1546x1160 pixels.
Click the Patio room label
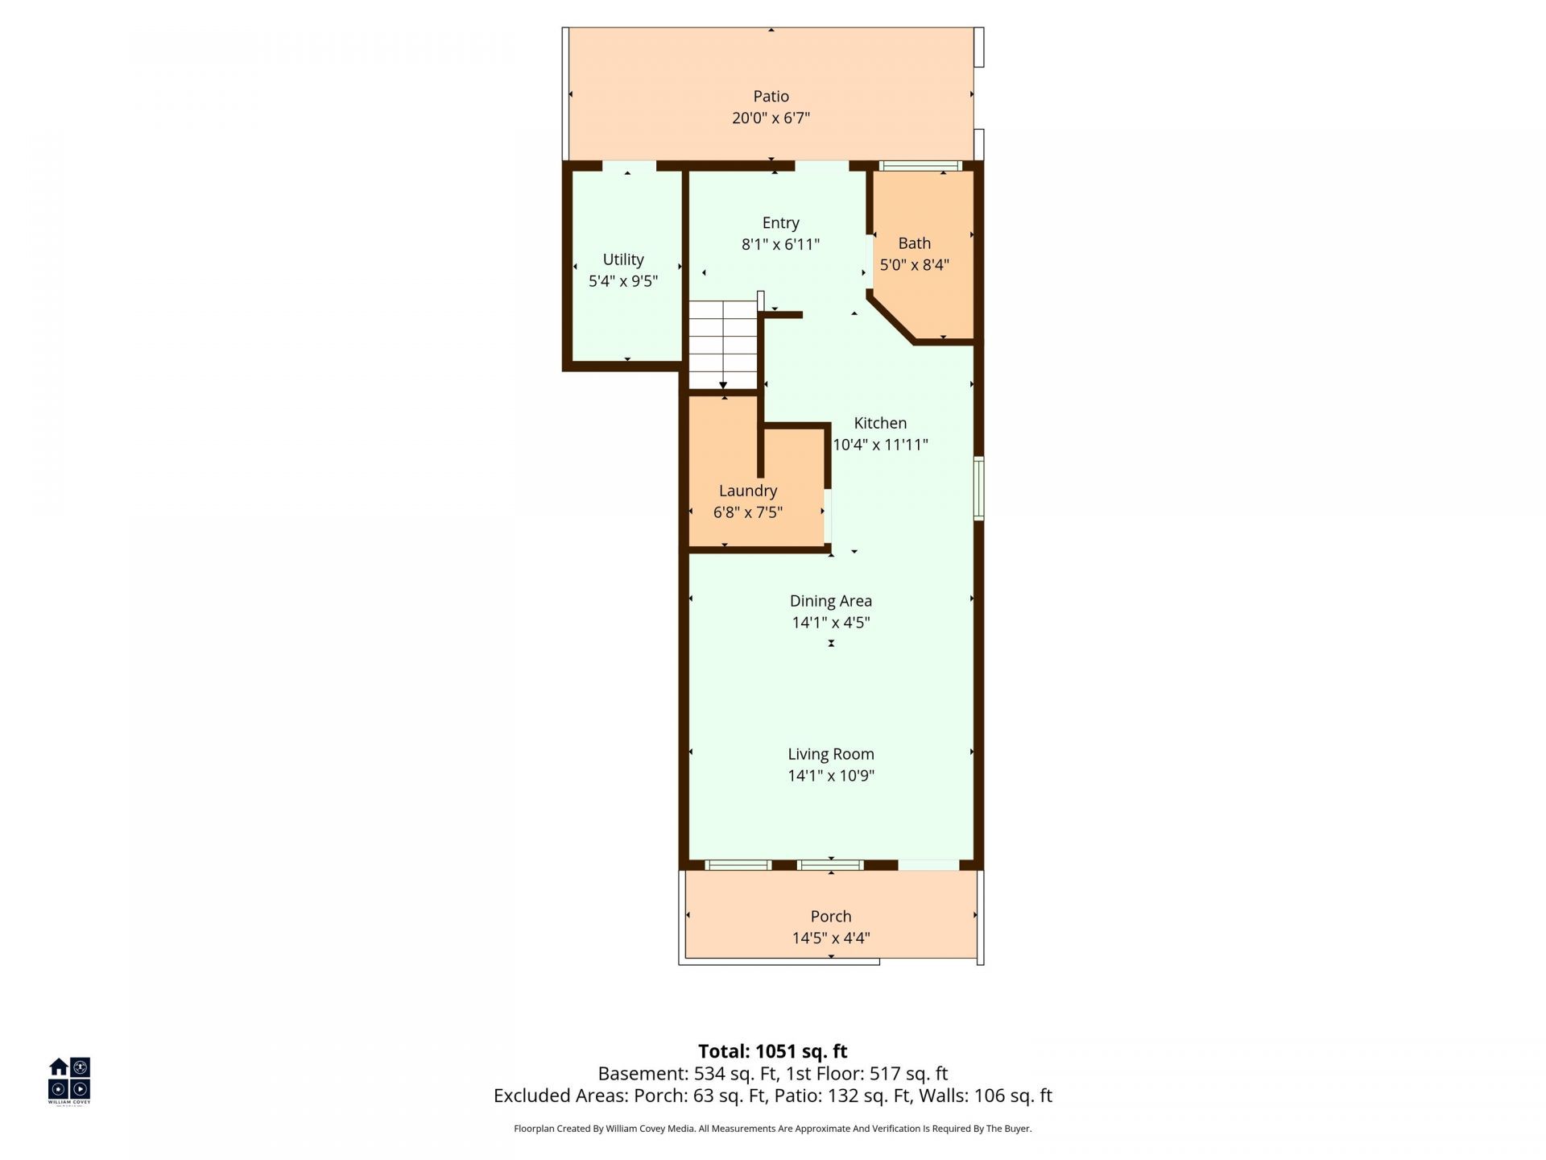(x=771, y=97)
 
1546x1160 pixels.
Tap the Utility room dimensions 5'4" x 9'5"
(x=623, y=281)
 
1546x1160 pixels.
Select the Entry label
(x=780, y=223)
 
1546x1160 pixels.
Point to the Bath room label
(x=914, y=243)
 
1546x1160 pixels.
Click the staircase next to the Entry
(x=723, y=345)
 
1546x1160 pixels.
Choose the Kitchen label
(x=880, y=423)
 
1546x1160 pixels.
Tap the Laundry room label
(x=748, y=491)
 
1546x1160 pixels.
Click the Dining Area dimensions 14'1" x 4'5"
(x=831, y=622)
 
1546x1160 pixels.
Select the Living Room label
(x=831, y=754)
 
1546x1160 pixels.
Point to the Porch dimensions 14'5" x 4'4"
(x=831, y=938)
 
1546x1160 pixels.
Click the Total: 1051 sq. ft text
(x=772, y=1051)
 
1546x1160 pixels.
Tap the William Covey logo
(x=69, y=1081)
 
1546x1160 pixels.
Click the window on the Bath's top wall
(x=920, y=166)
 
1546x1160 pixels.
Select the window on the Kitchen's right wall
(x=978, y=488)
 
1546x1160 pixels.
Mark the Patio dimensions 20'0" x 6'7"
(x=771, y=118)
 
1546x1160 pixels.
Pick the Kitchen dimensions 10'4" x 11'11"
(x=880, y=445)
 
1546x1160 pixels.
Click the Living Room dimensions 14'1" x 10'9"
(x=831, y=776)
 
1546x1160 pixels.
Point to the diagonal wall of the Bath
(x=891, y=319)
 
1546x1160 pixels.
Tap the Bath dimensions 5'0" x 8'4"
(x=914, y=265)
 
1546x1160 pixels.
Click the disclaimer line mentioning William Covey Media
(x=772, y=1129)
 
